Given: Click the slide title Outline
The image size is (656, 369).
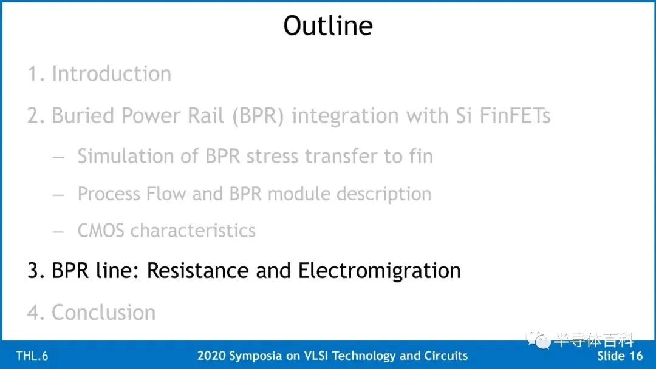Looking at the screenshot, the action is [327, 25].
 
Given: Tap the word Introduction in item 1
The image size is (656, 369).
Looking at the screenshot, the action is [111, 73].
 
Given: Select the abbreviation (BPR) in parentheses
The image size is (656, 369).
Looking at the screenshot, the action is [258, 116].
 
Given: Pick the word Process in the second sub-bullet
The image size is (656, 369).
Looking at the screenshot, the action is [109, 194].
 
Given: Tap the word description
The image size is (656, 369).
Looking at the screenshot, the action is [384, 194].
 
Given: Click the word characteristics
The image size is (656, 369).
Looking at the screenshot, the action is [193, 231].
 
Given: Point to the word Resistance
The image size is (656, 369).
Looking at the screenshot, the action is [198, 270].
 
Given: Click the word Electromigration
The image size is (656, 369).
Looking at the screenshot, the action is [379, 271].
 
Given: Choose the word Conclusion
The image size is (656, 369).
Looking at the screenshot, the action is [103, 312].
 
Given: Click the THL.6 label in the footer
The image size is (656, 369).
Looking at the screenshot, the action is [32, 356].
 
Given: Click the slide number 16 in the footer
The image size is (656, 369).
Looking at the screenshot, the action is [635, 356].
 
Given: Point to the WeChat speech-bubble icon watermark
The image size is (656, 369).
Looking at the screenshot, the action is [538, 339].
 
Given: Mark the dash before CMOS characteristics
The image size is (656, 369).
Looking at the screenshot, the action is [58, 231].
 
